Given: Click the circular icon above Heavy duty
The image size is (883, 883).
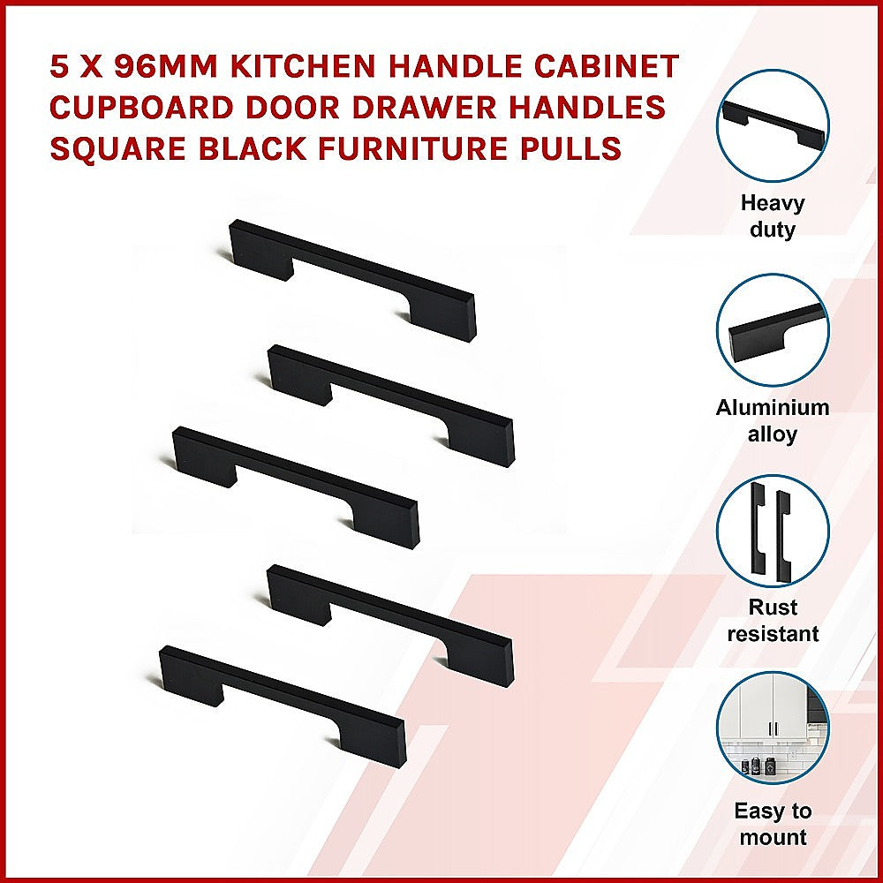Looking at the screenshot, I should tap(773, 125).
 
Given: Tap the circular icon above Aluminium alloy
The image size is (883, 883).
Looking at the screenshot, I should tap(773, 330).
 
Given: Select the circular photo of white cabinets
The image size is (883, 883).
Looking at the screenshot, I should tap(773, 728).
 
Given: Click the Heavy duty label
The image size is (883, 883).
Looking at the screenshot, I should tap(773, 216).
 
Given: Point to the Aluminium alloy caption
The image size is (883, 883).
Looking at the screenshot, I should tap(773, 421).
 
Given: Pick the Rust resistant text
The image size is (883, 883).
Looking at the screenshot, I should tap(773, 621).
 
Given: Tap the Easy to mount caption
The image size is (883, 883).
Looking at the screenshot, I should tap(773, 824).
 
